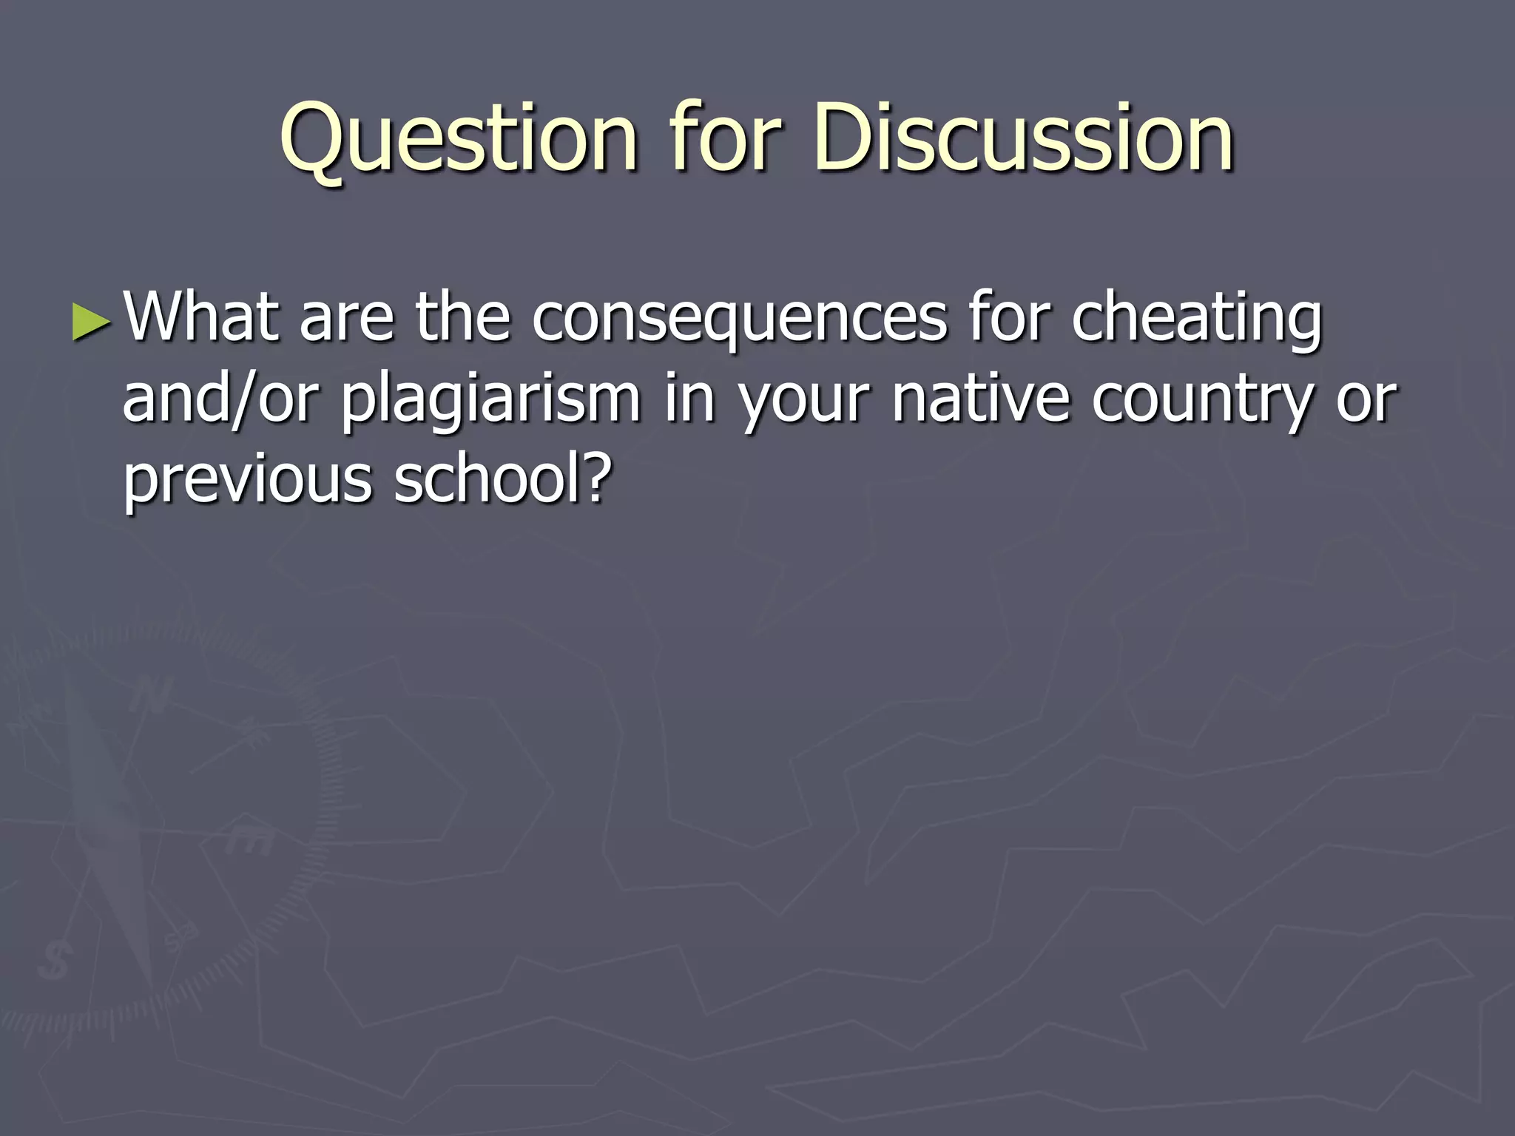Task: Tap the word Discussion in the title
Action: pos(1024,138)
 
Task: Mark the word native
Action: pos(981,399)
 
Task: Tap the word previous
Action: pos(247,481)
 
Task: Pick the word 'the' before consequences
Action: pos(462,318)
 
